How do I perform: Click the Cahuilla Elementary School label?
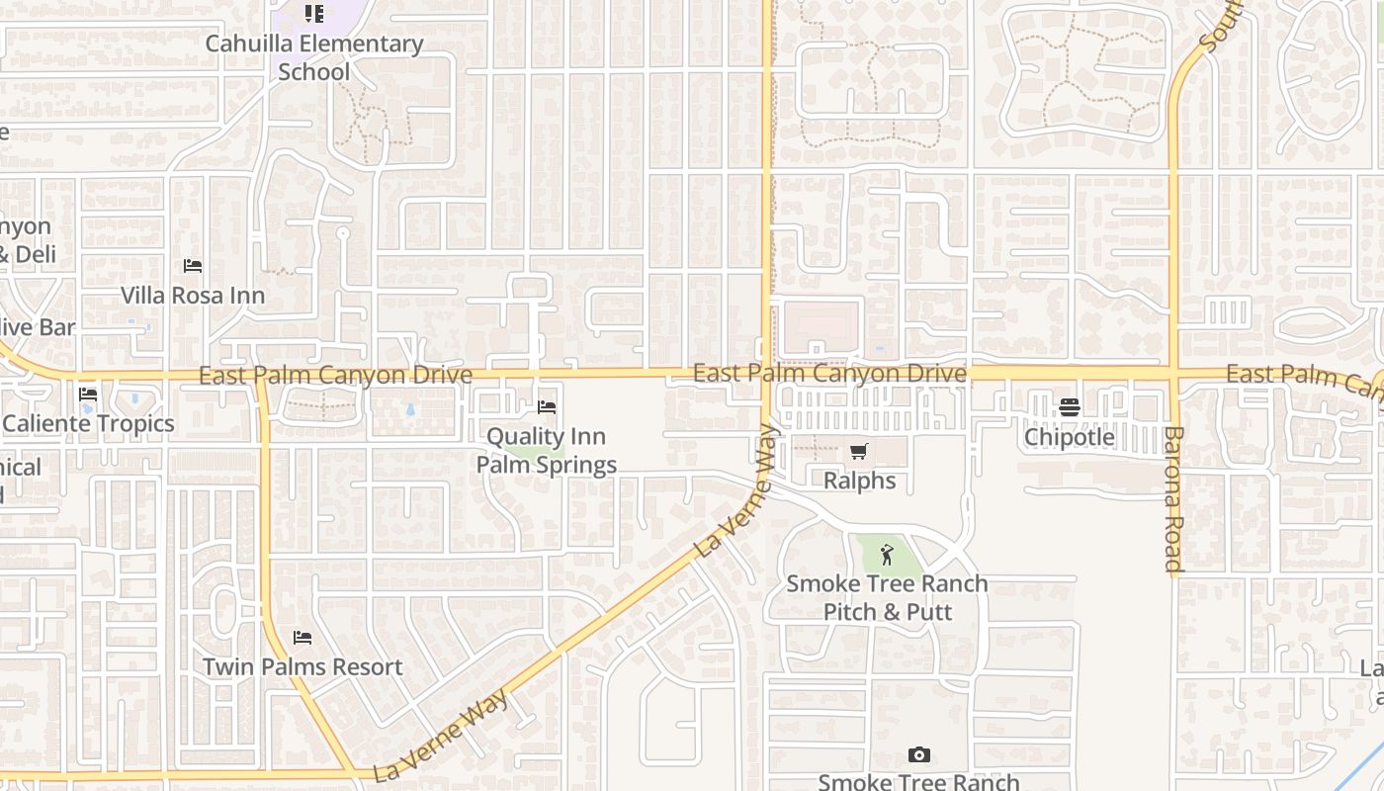tap(314, 57)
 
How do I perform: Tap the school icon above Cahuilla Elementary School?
tap(314, 14)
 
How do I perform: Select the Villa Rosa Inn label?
tap(193, 296)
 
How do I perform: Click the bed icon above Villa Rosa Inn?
tap(193, 266)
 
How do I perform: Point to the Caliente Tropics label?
tap(88, 424)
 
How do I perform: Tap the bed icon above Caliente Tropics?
tap(88, 395)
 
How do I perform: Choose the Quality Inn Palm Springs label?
tap(547, 451)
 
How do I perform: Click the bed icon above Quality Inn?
tap(547, 407)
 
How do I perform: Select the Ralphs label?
tap(860, 482)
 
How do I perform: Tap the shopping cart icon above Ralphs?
tap(859, 452)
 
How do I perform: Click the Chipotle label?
tap(1070, 437)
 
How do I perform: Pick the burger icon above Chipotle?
tap(1070, 407)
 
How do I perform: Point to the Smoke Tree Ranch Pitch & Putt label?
tap(887, 598)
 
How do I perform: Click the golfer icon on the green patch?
tap(887, 555)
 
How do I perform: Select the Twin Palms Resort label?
tap(303, 667)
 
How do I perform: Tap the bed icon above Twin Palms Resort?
tap(303, 638)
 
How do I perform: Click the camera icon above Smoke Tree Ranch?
tap(919, 755)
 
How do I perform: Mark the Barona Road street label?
tap(1173, 499)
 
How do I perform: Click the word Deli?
tap(34, 255)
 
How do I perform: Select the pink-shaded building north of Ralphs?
tap(820, 322)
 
